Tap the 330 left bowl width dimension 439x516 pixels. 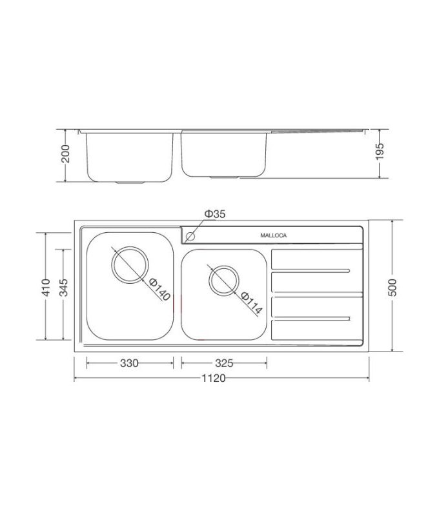(x=129, y=363)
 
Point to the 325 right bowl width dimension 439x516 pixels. (x=223, y=363)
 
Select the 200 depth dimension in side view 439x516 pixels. (x=65, y=155)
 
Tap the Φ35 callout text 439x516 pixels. (x=215, y=214)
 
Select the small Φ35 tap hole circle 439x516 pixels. (x=190, y=236)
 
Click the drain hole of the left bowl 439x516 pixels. (x=130, y=264)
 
